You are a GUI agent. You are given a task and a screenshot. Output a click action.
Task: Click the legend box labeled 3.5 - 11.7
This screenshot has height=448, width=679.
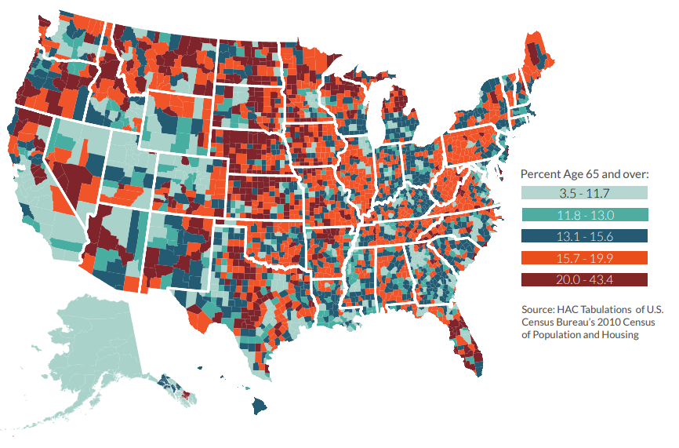point(584,192)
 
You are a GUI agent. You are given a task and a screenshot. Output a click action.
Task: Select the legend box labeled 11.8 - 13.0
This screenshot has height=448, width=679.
point(584,214)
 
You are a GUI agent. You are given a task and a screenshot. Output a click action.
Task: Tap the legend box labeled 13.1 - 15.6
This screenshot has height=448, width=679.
point(584,235)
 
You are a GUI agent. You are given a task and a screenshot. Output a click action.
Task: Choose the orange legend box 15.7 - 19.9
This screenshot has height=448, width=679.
point(584,257)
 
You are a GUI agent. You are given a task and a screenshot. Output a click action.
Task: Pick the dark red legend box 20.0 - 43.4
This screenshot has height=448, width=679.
point(584,279)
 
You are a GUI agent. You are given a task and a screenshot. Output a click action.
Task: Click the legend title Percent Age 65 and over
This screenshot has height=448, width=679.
point(585,174)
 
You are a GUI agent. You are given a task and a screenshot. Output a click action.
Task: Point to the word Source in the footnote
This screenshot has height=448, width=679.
point(538,308)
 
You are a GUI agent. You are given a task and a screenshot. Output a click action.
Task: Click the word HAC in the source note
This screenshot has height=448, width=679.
point(569,308)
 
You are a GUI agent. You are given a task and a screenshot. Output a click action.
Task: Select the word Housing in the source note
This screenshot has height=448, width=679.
point(619,335)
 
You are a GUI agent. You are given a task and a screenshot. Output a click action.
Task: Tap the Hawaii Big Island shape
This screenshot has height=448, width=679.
point(261,406)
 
